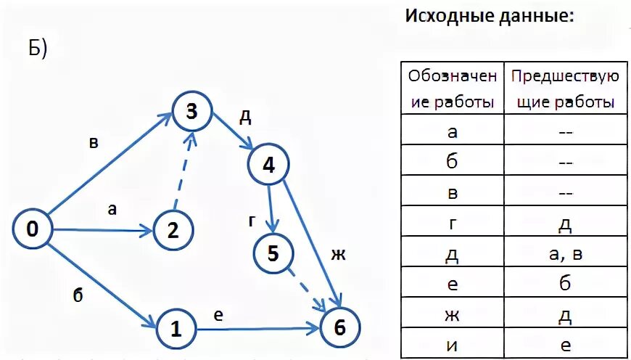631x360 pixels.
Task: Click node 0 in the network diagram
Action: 33,229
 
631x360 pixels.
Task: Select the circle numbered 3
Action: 191,112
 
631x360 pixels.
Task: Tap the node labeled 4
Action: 268,165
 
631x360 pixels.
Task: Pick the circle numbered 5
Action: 273,253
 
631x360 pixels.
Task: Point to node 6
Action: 339,327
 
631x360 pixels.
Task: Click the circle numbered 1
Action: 175,330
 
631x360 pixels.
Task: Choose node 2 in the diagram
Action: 173,231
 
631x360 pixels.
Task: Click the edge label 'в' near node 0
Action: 94,142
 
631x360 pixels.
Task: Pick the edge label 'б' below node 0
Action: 78,293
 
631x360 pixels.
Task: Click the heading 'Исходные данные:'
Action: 489,16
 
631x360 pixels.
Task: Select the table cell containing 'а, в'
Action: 565,255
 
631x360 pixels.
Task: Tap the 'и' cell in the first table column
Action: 453,345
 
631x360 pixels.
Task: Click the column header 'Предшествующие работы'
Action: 565,89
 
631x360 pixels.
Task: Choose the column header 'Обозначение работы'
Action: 453,89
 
